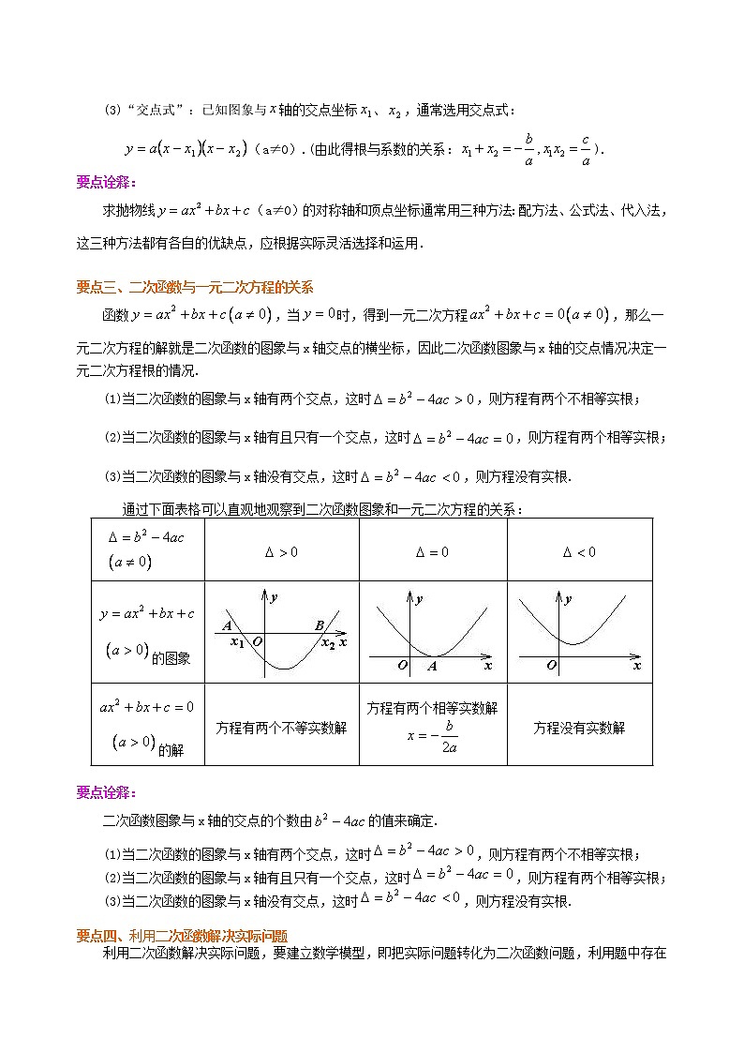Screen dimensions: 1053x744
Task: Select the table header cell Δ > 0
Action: (281, 552)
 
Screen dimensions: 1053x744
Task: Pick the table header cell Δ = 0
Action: (432, 552)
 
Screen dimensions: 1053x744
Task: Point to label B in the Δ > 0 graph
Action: (319, 626)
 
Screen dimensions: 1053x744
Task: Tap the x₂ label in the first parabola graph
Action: (328, 643)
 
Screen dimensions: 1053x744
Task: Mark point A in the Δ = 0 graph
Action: (432, 667)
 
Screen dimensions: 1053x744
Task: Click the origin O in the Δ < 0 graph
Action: (552, 666)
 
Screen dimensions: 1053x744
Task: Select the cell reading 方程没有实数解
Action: (579, 728)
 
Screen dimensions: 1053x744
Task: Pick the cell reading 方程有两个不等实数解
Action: (281, 728)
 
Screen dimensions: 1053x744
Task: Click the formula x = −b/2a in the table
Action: (432, 737)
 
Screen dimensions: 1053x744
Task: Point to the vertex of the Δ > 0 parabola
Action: (283, 669)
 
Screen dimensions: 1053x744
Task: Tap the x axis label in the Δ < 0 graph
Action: (636, 666)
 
